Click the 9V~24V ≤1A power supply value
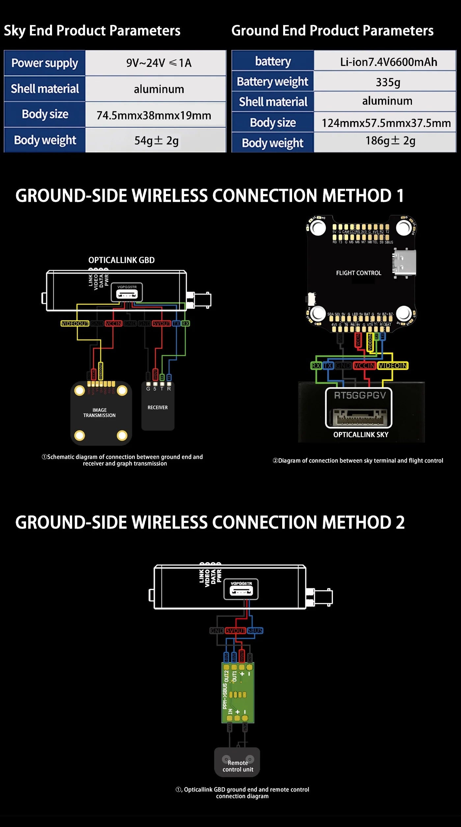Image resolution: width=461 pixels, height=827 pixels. click(159, 63)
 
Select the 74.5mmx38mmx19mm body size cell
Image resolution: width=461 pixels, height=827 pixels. click(154, 116)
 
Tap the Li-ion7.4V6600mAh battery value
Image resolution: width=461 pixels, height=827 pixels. click(389, 62)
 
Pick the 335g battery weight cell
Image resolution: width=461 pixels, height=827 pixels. click(388, 82)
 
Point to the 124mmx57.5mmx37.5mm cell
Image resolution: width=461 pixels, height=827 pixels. click(386, 123)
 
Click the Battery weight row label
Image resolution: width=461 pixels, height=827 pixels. click(272, 82)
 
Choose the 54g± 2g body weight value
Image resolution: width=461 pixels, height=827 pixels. click(156, 141)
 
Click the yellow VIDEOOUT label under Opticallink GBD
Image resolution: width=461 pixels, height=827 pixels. click(75, 323)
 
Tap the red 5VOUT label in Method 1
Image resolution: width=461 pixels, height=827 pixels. click(161, 323)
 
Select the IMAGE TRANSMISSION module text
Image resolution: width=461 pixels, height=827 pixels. click(99, 413)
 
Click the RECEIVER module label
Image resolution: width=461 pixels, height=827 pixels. click(157, 407)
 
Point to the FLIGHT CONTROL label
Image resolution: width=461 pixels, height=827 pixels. click(359, 273)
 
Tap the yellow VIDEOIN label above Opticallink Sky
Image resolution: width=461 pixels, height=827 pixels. click(393, 366)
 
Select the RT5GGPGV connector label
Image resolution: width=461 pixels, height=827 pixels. click(360, 395)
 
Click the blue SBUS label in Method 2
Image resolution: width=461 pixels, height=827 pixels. click(255, 631)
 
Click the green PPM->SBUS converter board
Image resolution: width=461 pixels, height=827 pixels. click(238, 692)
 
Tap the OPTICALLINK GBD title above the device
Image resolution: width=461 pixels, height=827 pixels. click(122, 260)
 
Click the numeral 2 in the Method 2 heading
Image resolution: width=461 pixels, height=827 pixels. click(400, 523)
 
